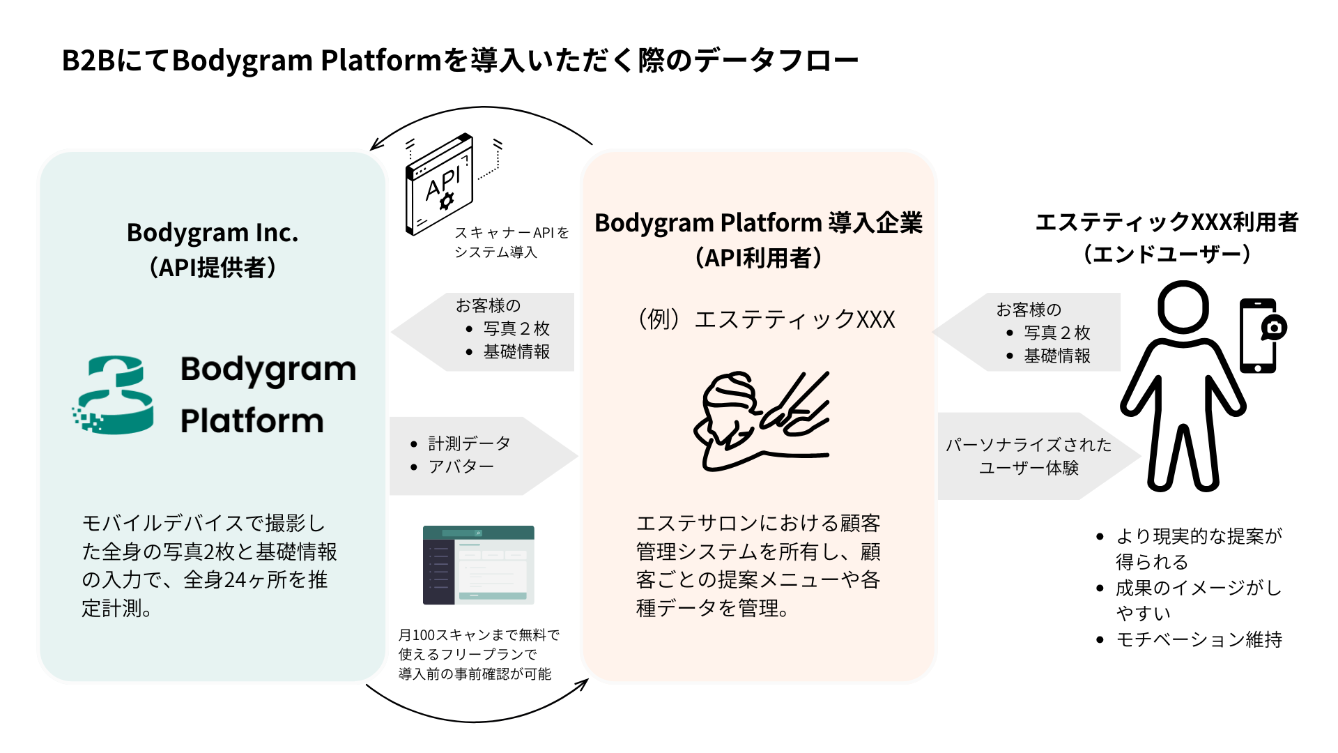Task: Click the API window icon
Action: tap(440, 184)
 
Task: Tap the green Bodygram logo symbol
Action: tap(113, 395)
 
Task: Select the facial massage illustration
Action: tap(762, 420)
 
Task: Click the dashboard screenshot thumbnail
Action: tap(478, 565)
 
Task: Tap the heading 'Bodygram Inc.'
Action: tap(213, 233)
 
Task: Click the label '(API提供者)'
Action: tap(213, 267)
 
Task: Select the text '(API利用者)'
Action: tap(758, 258)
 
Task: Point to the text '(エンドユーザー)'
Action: tap(1167, 254)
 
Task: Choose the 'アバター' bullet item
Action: tap(452, 466)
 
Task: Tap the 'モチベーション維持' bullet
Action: tap(1190, 639)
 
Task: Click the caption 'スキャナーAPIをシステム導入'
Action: tap(512, 242)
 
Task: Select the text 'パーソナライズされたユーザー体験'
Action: tap(1029, 456)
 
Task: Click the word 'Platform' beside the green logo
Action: tap(252, 421)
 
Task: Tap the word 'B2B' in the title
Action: tap(89, 61)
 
